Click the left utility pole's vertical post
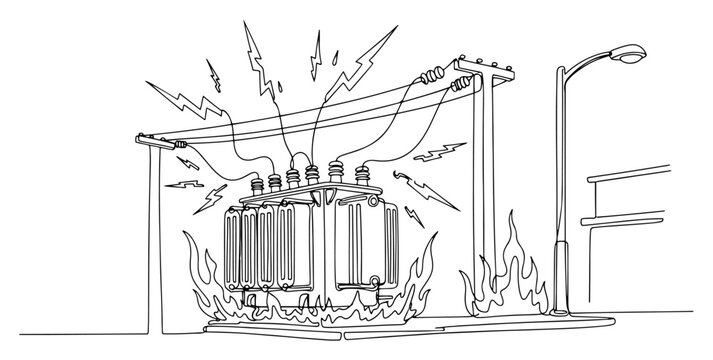pyautogui.click(x=154, y=250)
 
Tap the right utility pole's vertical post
pyautogui.click(x=484, y=180)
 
